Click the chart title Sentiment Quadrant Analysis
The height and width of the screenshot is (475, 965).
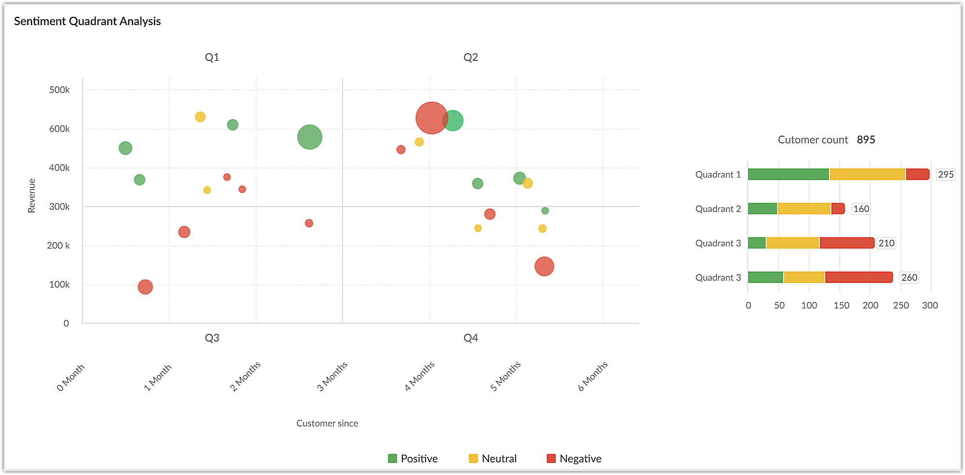tap(87, 21)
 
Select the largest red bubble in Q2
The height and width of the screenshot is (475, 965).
tap(431, 118)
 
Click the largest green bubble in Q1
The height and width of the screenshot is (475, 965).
tap(310, 137)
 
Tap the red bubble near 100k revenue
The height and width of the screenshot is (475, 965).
tap(145, 287)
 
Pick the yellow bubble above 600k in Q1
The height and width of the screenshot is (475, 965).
tap(200, 117)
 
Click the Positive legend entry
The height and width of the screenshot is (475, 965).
tap(413, 459)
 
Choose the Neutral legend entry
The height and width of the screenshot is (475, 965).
tap(493, 459)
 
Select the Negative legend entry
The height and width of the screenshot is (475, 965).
tap(574, 459)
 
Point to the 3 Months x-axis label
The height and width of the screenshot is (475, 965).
tap(332, 376)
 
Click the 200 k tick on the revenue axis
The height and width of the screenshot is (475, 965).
tap(58, 246)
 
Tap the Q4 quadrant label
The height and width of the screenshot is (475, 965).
tap(470, 338)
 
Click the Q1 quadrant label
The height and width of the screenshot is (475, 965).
tap(212, 57)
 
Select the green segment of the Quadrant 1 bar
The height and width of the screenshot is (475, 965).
tap(788, 174)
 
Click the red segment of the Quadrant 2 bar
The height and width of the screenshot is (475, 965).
tap(838, 209)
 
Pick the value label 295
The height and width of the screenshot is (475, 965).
tap(946, 174)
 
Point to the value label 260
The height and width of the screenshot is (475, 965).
tap(909, 278)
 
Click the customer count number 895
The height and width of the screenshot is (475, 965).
tap(866, 140)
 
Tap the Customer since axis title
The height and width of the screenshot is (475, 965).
tap(327, 423)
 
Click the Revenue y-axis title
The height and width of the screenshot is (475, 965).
tap(32, 196)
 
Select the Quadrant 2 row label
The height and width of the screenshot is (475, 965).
tap(718, 209)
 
